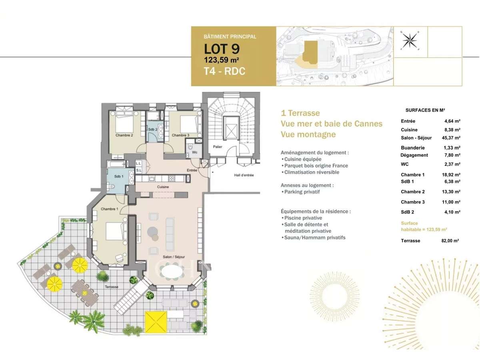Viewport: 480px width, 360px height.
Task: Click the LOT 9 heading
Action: click(222, 49)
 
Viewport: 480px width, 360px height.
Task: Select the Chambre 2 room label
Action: click(124, 135)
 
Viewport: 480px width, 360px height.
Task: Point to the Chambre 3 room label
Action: click(180, 135)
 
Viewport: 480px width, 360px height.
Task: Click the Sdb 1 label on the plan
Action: click(118, 177)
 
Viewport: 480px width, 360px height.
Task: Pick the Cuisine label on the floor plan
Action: click(163, 187)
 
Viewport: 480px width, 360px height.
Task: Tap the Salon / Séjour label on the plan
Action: click(174, 257)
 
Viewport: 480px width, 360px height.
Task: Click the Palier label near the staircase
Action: click(218, 147)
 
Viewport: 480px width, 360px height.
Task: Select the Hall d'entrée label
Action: click(244, 175)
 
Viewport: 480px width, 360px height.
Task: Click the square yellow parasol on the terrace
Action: click(156, 322)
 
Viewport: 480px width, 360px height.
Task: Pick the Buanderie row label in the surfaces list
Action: click(413, 148)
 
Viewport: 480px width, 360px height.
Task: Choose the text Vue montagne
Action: click(308, 134)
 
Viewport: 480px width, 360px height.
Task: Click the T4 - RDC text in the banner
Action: click(225, 72)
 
